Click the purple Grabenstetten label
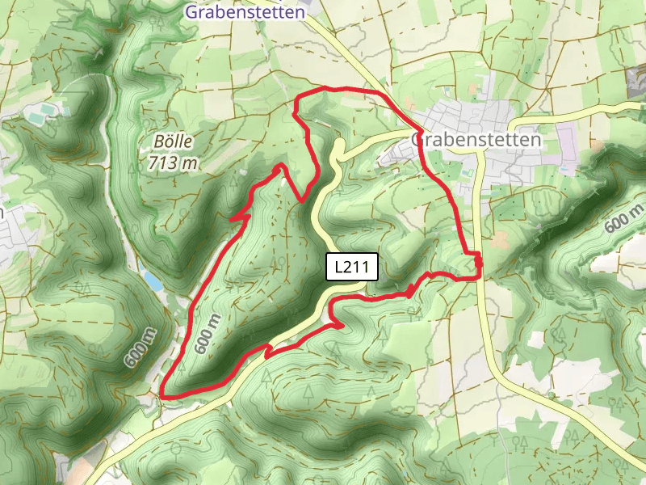pyautogui.click(x=245, y=12)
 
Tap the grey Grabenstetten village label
pyautogui.click(x=476, y=140)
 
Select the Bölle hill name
pyautogui.click(x=172, y=141)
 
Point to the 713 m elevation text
pyautogui.click(x=173, y=162)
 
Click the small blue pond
pyautogui.click(x=153, y=280)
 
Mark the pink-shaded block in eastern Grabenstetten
pyautogui.click(x=568, y=150)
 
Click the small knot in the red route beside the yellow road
pyautogui.click(x=478, y=260)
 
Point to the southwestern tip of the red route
pyautogui.click(x=164, y=394)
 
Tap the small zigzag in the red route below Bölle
pyautogui.click(x=239, y=216)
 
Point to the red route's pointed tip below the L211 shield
pyautogui.click(x=342, y=326)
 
